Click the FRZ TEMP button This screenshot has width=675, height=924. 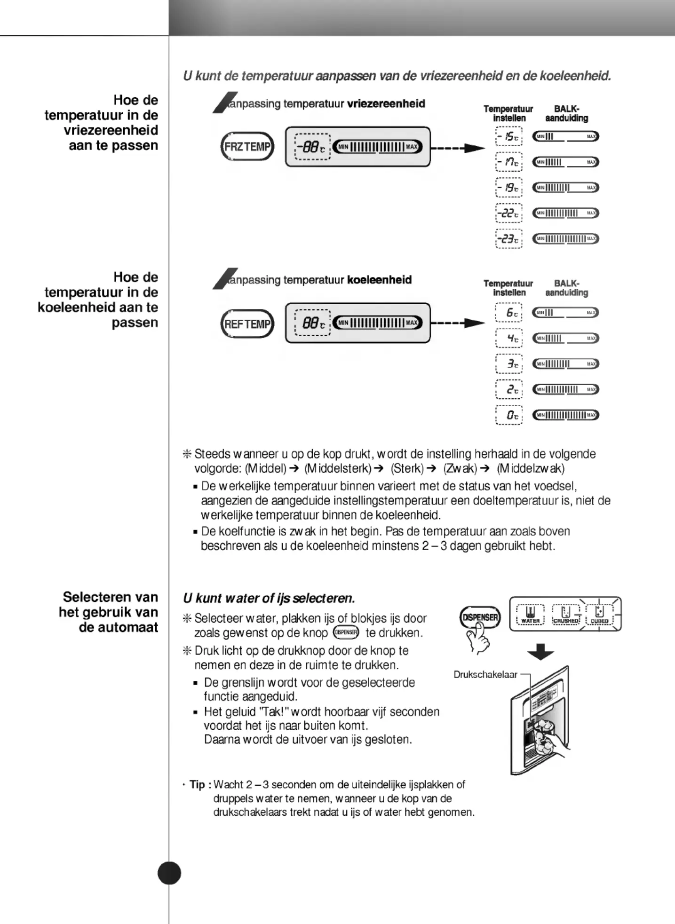click(247, 147)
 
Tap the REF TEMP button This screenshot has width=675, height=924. click(247, 324)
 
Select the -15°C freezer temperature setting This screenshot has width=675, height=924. click(509, 137)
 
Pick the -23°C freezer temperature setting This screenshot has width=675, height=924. click(509, 239)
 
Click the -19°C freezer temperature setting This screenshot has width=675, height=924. click(509, 188)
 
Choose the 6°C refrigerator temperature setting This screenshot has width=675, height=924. click(509, 313)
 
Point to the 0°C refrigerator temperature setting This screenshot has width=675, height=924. click(509, 415)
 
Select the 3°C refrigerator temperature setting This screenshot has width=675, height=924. click(509, 364)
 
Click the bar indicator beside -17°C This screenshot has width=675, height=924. click(565, 162)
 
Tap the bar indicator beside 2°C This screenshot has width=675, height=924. click(565, 389)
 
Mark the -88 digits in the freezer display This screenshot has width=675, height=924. click(309, 147)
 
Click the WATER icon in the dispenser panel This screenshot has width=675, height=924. click(530, 615)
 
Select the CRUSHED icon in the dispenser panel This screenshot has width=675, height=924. click(566, 615)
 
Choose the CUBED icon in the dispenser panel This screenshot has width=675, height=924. click(599, 615)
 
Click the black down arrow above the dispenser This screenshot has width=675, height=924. click(540, 652)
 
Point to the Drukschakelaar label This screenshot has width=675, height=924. click(485, 675)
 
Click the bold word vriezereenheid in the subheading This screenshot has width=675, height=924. click(386, 104)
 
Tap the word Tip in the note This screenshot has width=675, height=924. click(197, 785)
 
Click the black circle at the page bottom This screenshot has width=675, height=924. click(169, 873)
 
